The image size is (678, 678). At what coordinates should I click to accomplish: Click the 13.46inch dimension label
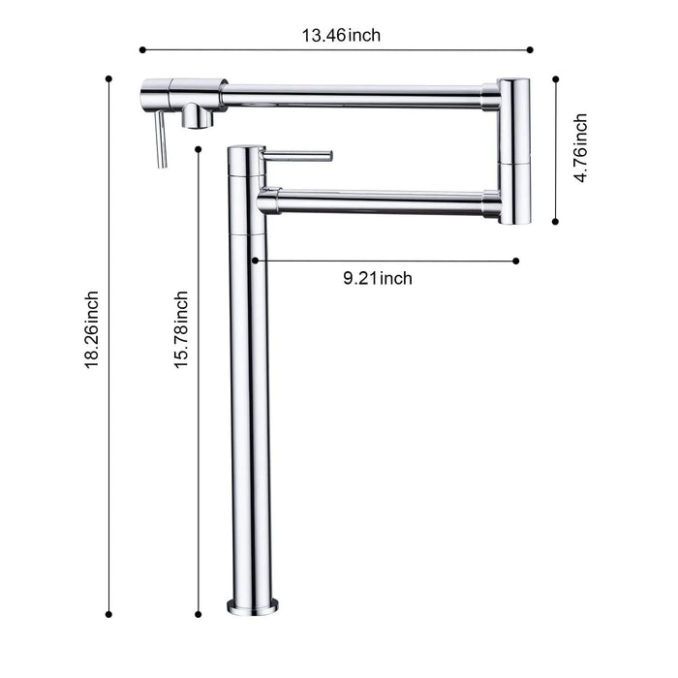pyautogui.click(x=341, y=36)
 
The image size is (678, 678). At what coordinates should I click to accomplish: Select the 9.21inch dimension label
pyautogui.click(x=378, y=279)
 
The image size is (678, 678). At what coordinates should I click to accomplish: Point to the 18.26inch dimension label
pyautogui.click(x=92, y=329)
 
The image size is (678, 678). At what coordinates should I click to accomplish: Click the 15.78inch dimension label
pyautogui.click(x=181, y=329)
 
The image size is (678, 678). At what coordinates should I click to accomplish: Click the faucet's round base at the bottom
pyautogui.click(x=247, y=606)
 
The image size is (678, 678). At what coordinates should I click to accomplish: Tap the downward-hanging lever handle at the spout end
pyautogui.click(x=162, y=140)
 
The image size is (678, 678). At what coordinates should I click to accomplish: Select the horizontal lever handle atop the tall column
pyautogui.click(x=299, y=155)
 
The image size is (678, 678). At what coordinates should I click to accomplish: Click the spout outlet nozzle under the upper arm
pyautogui.click(x=199, y=117)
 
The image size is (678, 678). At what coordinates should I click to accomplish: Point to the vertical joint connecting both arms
pyautogui.click(x=514, y=150)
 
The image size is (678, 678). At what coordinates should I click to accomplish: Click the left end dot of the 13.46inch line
pyautogui.click(x=141, y=48)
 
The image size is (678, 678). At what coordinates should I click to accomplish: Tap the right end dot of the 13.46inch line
pyautogui.click(x=531, y=48)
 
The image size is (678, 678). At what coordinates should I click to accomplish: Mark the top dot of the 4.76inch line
pyautogui.click(x=555, y=80)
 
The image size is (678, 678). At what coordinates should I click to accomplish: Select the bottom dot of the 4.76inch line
pyautogui.click(x=555, y=221)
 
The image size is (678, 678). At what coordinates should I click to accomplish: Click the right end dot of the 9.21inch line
pyautogui.click(x=516, y=260)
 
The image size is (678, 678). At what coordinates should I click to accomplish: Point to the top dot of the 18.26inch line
pyautogui.click(x=108, y=77)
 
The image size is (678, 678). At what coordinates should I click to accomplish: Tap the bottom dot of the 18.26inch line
pyautogui.click(x=108, y=612)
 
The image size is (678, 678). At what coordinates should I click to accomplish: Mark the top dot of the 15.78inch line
pyautogui.click(x=198, y=148)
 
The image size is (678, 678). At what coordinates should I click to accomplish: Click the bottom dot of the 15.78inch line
pyautogui.click(x=198, y=612)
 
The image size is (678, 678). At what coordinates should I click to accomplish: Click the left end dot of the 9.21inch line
pyautogui.click(x=254, y=260)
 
